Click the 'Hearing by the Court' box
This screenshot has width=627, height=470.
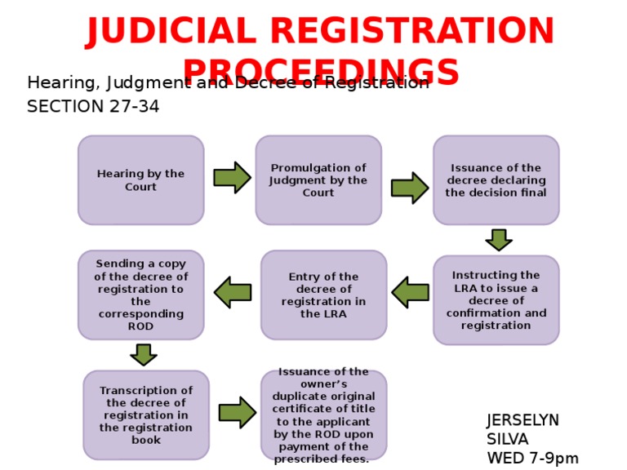(x=140, y=180)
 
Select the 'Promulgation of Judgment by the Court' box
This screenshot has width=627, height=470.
(x=318, y=180)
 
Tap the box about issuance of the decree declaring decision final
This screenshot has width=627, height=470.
(x=496, y=180)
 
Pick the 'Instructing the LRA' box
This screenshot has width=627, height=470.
(x=496, y=299)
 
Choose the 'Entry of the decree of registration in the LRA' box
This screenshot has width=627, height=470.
(x=323, y=295)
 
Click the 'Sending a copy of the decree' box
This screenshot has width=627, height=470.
(x=140, y=295)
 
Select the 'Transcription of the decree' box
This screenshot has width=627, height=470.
(x=146, y=415)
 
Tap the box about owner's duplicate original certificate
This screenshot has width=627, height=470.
(x=323, y=415)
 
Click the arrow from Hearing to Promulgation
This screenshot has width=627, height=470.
(x=232, y=177)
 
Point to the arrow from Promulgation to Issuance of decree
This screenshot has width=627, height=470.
(x=409, y=188)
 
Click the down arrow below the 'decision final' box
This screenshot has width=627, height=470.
(x=498, y=240)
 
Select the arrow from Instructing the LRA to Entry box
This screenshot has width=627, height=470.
(x=410, y=292)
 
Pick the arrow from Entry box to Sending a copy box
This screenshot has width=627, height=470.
(x=233, y=292)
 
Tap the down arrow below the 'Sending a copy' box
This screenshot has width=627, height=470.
(x=144, y=354)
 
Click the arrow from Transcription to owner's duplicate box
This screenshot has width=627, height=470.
(x=237, y=412)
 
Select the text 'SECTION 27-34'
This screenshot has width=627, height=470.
(x=93, y=107)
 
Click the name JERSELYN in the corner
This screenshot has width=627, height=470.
(x=522, y=420)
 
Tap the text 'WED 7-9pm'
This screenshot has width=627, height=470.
(x=532, y=459)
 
